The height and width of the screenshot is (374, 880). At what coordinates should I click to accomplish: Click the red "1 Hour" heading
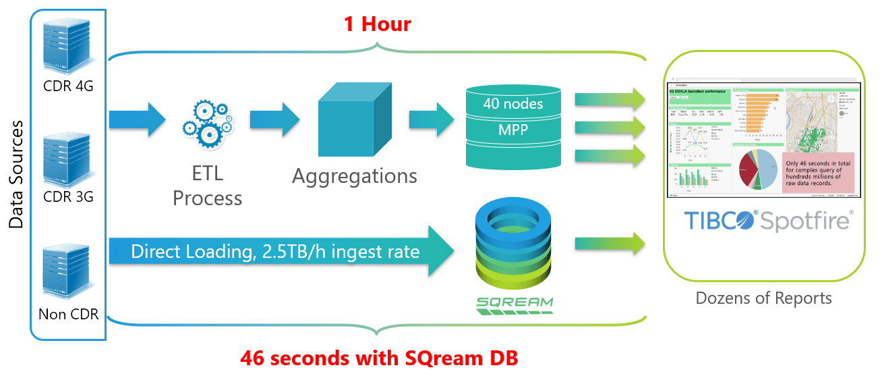[377, 25]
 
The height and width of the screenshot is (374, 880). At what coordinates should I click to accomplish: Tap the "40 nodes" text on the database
[514, 104]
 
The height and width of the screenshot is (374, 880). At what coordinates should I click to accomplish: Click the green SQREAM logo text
[514, 303]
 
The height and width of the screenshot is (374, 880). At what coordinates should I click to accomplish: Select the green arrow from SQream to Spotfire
[610, 244]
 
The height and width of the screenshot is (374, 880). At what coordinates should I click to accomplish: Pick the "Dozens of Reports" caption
[763, 298]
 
